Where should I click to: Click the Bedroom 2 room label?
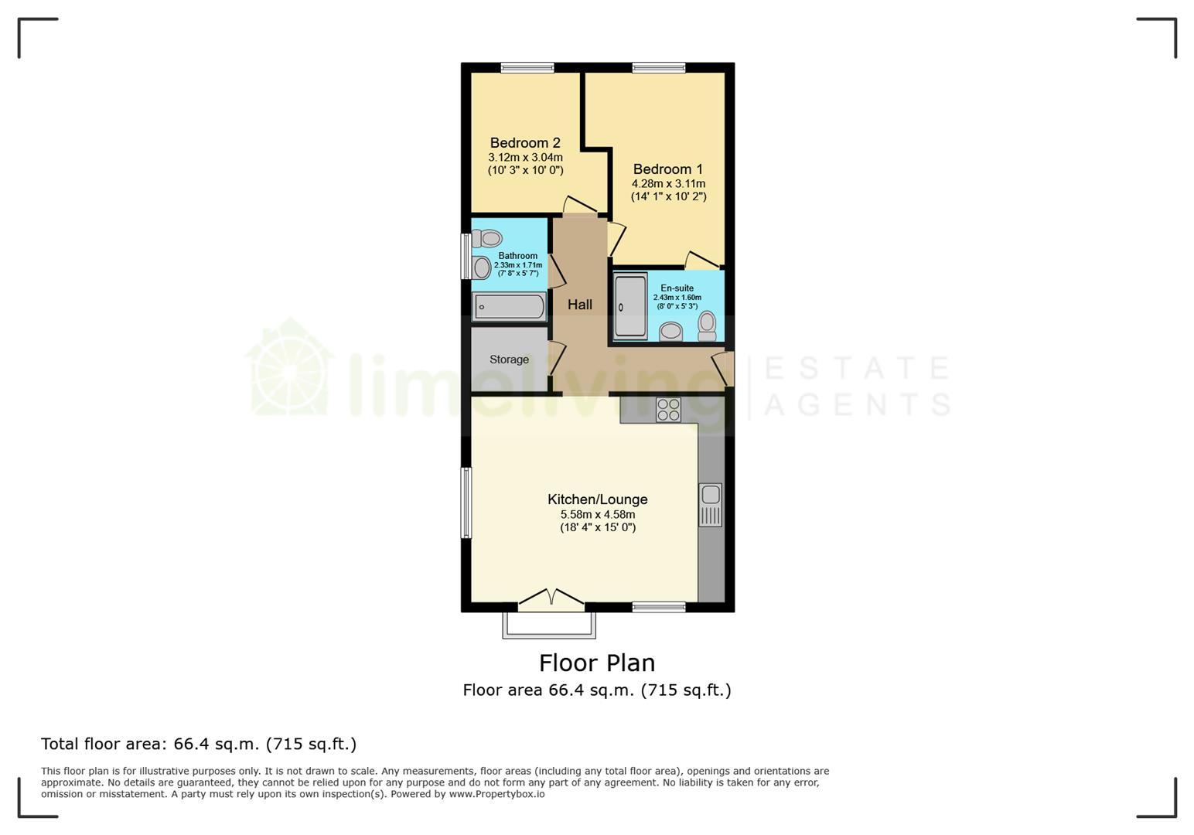coord(525,143)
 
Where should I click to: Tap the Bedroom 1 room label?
coord(668,169)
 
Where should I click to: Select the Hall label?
coord(580,305)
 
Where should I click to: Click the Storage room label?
coord(509,360)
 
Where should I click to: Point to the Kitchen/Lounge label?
coord(598,499)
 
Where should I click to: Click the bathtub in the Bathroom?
coord(509,307)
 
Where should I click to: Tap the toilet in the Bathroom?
coord(487,239)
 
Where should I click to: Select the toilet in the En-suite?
coord(707,325)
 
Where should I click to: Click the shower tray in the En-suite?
coord(630,307)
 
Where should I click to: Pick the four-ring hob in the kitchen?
coord(668,409)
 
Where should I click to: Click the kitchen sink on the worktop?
coord(711,504)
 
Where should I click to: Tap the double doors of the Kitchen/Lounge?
coord(551,598)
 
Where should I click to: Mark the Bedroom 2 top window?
coord(527,68)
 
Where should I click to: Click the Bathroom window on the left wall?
coord(466,256)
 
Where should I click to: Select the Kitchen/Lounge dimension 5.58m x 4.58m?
coord(598,514)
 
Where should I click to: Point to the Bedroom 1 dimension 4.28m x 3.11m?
coord(668,184)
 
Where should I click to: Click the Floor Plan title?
coord(597,663)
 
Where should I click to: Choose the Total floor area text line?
coord(199,744)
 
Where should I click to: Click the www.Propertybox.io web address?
coord(496,794)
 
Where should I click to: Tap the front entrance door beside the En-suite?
coord(724,369)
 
